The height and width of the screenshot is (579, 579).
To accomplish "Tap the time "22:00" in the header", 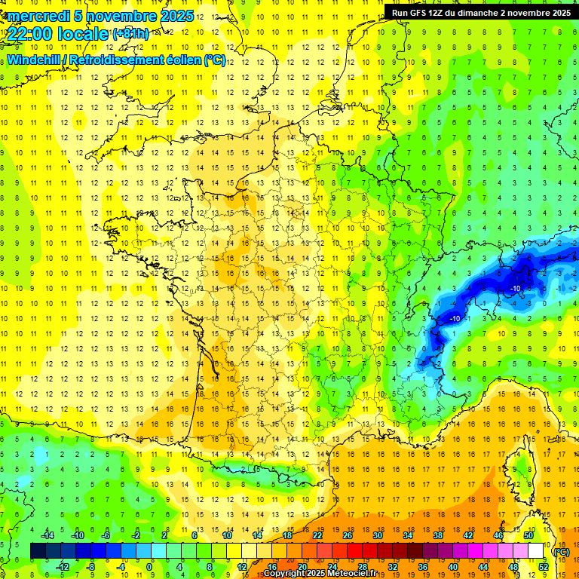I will point(31,34).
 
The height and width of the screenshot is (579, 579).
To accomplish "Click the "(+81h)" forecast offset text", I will point(130,33).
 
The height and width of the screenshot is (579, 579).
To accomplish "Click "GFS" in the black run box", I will point(421,13).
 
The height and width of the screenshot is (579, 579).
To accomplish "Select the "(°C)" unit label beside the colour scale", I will point(561,552).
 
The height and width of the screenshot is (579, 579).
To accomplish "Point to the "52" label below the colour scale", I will point(543,567).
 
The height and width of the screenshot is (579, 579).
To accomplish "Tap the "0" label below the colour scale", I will point(149,567).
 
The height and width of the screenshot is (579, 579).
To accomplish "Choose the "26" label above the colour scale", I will point(347,535).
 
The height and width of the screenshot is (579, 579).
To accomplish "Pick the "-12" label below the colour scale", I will point(63,567).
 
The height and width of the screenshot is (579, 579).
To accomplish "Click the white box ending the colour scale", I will point(536,551).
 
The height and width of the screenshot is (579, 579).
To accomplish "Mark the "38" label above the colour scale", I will point(437,535).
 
